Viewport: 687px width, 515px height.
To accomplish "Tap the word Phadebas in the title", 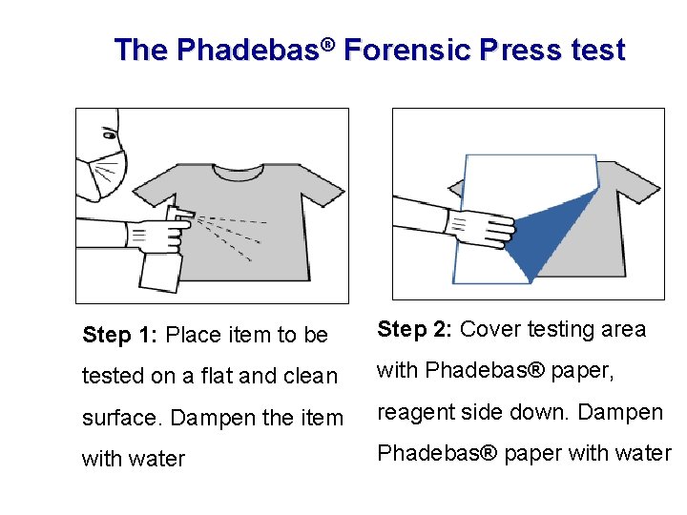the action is click(x=249, y=49).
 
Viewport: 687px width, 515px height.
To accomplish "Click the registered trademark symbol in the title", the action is click(x=327, y=45).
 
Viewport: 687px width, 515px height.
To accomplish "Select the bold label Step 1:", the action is click(x=119, y=335).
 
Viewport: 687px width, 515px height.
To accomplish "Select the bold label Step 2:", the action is click(x=414, y=329).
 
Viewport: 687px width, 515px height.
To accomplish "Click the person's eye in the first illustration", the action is click(x=110, y=135).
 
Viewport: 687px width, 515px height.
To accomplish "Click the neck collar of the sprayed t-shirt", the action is click(x=239, y=173).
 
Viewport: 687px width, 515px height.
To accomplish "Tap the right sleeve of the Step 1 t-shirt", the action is click(x=323, y=186).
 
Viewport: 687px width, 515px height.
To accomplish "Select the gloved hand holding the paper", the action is click(x=481, y=229).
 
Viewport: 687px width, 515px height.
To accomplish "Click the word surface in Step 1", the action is click(x=118, y=418).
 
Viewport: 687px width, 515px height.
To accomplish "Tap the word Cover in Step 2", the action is click(x=490, y=329).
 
